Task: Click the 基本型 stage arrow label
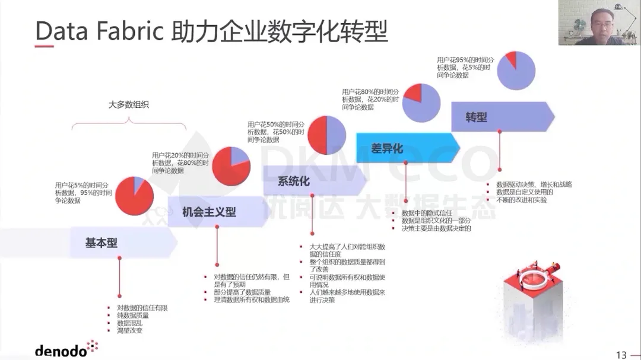pos(101,243)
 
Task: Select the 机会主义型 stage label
pos(209,212)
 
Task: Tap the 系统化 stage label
pos(294,181)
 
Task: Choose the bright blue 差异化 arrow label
pos(387,148)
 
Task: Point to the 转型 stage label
pos(476,117)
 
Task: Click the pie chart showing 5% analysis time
pos(134,196)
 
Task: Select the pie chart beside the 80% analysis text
pos(421,101)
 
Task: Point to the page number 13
pos(621,355)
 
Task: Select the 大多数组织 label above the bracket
pos(128,104)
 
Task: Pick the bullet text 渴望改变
pos(129,330)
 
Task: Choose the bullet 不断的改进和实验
pos(522,200)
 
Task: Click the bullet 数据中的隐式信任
pos(427,212)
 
